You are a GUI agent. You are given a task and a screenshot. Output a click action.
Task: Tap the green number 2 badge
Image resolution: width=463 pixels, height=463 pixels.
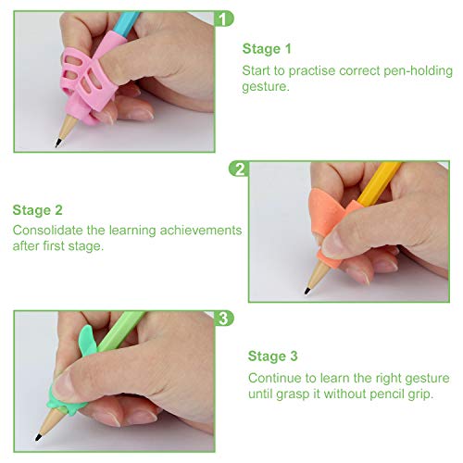click(x=241, y=169)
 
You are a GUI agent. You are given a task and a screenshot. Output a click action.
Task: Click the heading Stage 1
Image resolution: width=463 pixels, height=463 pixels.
click(x=267, y=48)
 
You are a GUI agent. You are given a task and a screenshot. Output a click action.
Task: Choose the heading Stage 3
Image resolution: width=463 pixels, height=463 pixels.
click(x=273, y=356)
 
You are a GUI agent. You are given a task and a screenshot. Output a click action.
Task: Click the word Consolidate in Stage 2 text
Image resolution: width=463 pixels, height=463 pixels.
click(x=48, y=230)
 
